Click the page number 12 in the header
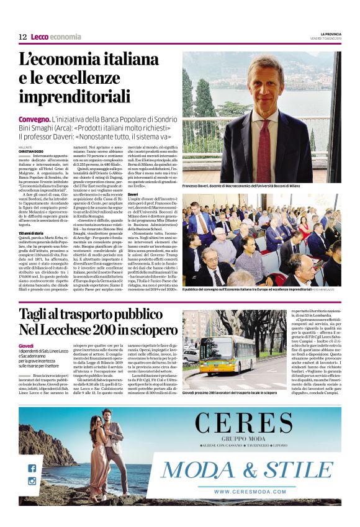(22, 37)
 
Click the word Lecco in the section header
(39, 37)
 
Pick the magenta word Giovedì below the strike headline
(26, 345)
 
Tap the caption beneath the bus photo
(230, 394)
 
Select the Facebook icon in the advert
(32, 469)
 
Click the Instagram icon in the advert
(32, 480)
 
